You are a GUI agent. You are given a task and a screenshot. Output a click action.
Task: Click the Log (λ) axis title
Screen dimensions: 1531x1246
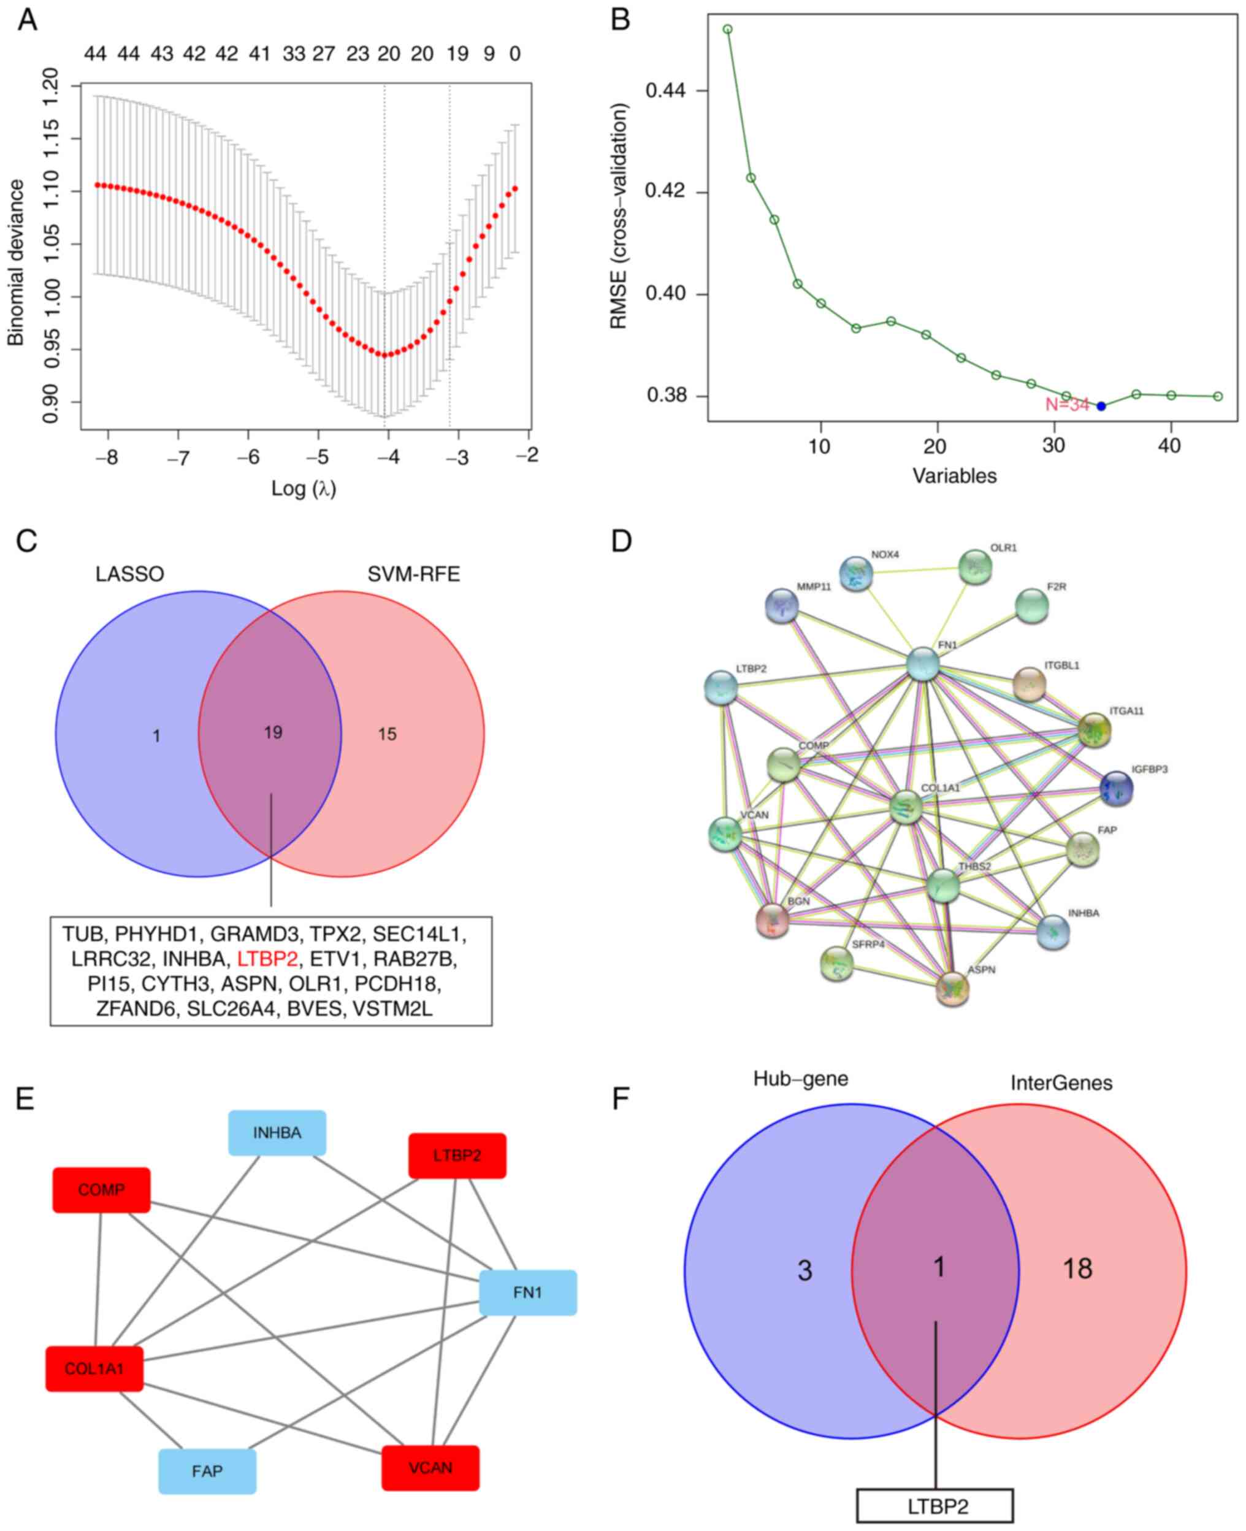click(x=304, y=489)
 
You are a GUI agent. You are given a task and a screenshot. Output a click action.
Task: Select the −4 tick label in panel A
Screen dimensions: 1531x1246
click(x=388, y=457)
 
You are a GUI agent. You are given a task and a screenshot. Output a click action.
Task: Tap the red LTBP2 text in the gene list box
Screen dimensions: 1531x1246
click(x=267, y=959)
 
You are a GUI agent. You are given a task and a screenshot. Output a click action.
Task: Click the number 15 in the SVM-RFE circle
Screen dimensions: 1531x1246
click(x=387, y=734)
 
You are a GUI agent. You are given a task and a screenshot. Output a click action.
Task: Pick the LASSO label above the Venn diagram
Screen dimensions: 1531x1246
click(x=130, y=574)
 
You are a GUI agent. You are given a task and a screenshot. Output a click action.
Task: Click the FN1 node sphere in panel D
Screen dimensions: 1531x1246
click(x=922, y=664)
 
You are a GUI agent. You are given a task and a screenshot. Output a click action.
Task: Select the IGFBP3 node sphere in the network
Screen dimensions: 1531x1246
click(x=1116, y=789)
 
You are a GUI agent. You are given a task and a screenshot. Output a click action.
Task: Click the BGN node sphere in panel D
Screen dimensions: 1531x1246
click(x=772, y=921)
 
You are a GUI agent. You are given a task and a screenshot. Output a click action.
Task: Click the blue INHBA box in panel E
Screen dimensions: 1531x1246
click(x=277, y=1134)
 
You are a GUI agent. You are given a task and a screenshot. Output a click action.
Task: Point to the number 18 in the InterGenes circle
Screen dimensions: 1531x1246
click(x=1077, y=1269)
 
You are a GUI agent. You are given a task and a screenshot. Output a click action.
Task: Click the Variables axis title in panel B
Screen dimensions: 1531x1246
click(x=954, y=476)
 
